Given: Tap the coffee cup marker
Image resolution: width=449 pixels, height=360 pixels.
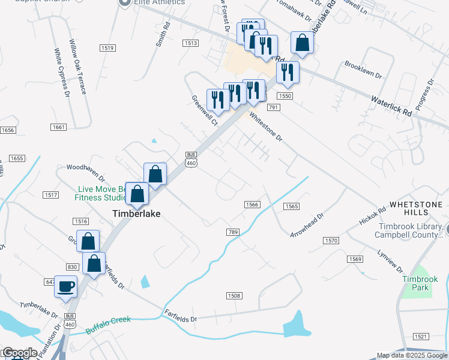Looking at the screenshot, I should coord(66,286).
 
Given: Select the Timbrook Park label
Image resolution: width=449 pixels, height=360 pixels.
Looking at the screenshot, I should coord(420,283).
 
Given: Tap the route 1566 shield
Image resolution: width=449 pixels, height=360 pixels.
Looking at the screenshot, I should coord(252,205).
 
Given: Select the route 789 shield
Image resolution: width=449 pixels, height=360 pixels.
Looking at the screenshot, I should coord(234,232).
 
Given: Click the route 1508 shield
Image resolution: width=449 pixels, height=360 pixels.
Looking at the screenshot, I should coord(234,296).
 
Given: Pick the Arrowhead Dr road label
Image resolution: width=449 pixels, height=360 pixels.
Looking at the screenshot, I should coord(307,224).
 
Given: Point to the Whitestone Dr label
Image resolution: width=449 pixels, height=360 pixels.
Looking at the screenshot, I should coord(265,127).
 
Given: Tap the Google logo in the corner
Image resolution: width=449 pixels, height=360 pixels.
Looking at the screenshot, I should coord(19,353).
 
